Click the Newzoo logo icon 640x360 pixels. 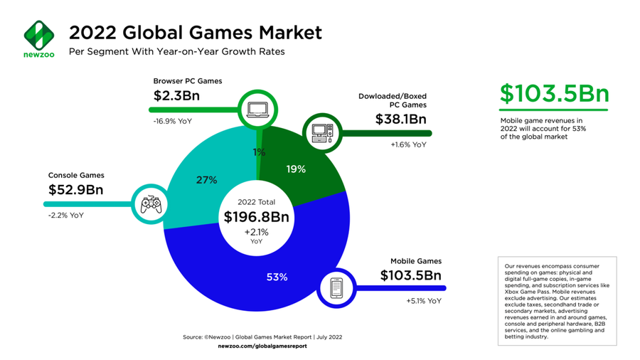(x=38, y=31)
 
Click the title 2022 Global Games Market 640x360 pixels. (x=195, y=32)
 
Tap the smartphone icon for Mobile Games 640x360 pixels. (x=337, y=288)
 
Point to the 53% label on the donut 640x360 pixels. (x=277, y=277)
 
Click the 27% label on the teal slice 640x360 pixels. (x=206, y=180)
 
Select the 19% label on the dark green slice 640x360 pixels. (x=295, y=169)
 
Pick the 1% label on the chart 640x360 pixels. (x=259, y=152)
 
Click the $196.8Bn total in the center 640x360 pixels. (x=257, y=216)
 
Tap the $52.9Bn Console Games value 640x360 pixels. (x=76, y=190)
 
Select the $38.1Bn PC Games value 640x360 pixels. (x=400, y=120)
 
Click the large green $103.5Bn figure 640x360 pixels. (x=554, y=94)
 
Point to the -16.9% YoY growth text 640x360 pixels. (x=173, y=121)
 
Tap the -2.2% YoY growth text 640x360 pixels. (x=66, y=214)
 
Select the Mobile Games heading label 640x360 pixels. (x=415, y=261)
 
